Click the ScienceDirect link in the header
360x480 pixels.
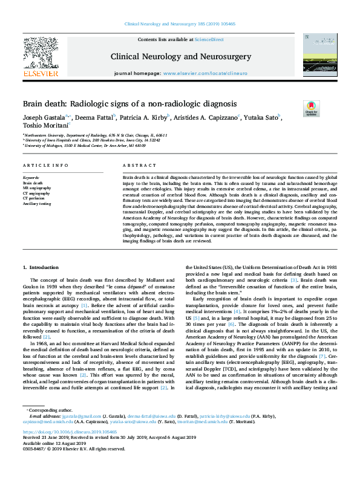(x=209, y=39)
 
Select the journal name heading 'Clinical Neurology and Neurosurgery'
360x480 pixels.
(x=180, y=56)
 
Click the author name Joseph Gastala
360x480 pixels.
(x=45, y=117)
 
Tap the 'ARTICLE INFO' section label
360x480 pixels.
(x=45, y=165)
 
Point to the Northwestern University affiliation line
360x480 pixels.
(x=96, y=135)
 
